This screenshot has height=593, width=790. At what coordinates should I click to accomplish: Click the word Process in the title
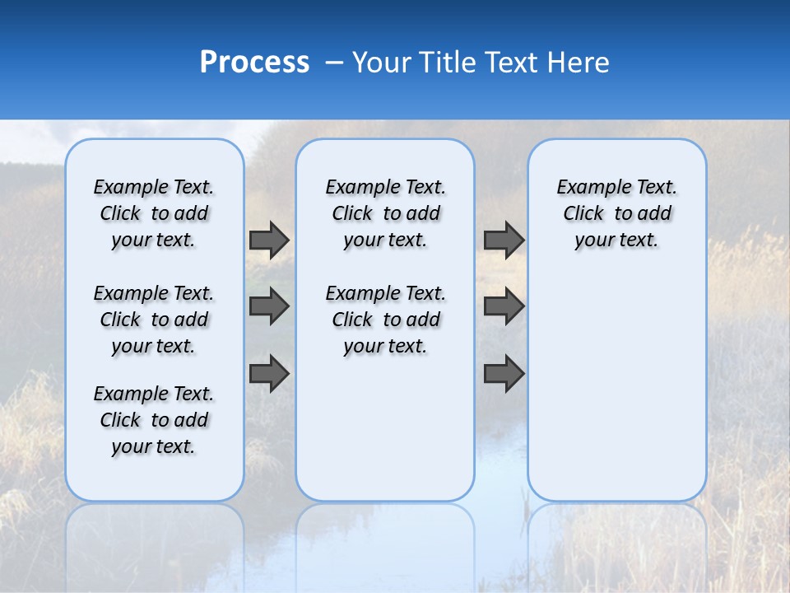[x=254, y=63]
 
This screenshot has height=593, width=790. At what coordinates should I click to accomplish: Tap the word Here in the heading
[x=576, y=63]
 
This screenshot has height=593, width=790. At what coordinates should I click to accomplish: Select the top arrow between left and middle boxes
[x=269, y=240]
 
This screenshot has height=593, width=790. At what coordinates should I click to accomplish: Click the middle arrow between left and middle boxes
[x=269, y=306]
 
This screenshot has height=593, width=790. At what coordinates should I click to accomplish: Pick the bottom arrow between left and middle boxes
[x=269, y=373]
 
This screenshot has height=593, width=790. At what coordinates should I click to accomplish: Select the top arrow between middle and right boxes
[x=504, y=240]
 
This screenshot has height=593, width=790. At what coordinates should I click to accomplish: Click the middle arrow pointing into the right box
[x=504, y=306]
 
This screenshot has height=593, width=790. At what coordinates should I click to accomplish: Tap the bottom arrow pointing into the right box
[x=504, y=373]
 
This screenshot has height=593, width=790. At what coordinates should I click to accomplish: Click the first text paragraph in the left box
[x=154, y=213]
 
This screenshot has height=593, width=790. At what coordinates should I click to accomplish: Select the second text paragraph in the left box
[x=154, y=320]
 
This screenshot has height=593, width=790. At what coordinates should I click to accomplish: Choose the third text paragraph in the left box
[x=154, y=420]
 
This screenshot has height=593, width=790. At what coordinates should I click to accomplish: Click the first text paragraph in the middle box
[x=385, y=213]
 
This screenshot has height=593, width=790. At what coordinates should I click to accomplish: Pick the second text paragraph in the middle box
[x=385, y=320]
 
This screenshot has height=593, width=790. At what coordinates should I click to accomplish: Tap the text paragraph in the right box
[x=616, y=213]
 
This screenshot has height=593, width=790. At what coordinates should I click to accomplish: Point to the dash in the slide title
[x=334, y=63]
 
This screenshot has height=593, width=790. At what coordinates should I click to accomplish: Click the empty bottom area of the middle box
[x=385, y=437]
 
